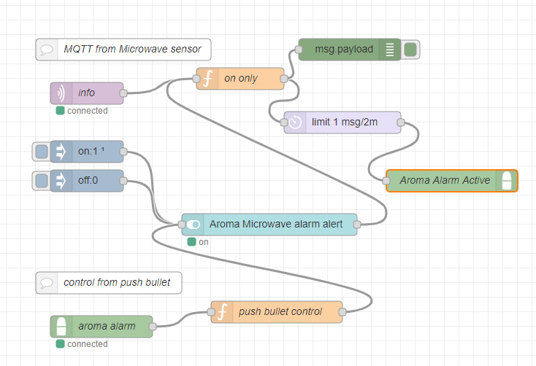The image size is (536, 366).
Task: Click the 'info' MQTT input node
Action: (x=87, y=93)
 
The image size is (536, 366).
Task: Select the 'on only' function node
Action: (x=240, y=79)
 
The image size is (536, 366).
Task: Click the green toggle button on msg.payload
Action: (x=410, y=50)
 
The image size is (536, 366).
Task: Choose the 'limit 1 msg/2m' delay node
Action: (x=343, y=122)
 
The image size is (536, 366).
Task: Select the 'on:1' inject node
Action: (x=88, y=152)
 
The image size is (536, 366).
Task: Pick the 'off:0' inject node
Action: (x=88, y=181)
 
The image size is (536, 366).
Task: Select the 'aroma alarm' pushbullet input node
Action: (x=102, y=327)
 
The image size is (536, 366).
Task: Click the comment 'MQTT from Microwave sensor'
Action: (x=123, y=50)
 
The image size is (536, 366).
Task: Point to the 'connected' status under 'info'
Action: (x=87, y=111)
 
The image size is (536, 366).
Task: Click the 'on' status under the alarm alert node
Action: (x=203, y=242)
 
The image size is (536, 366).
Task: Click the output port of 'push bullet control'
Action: (x=342, y=312)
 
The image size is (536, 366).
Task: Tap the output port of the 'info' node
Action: (x=123, y=93)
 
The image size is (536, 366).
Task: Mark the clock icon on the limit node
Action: (x=295, y=122)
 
